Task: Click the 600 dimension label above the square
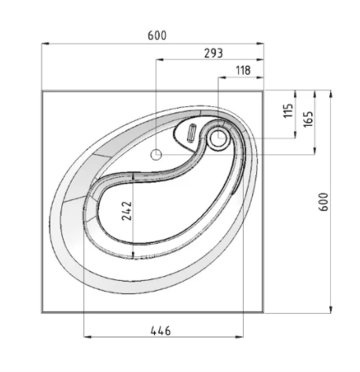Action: click(157, 35)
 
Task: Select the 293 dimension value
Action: click(214, 53)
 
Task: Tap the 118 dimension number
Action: click(244, 70)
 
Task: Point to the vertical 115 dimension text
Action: click(288, 111)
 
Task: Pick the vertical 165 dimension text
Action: click(308, 119)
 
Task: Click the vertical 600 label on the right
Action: click(323, 201)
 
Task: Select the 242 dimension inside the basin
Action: click(127, 211)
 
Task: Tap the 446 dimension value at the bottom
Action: click(160, 331)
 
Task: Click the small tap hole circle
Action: click(156, 155)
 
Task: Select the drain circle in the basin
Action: click(218, 138)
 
